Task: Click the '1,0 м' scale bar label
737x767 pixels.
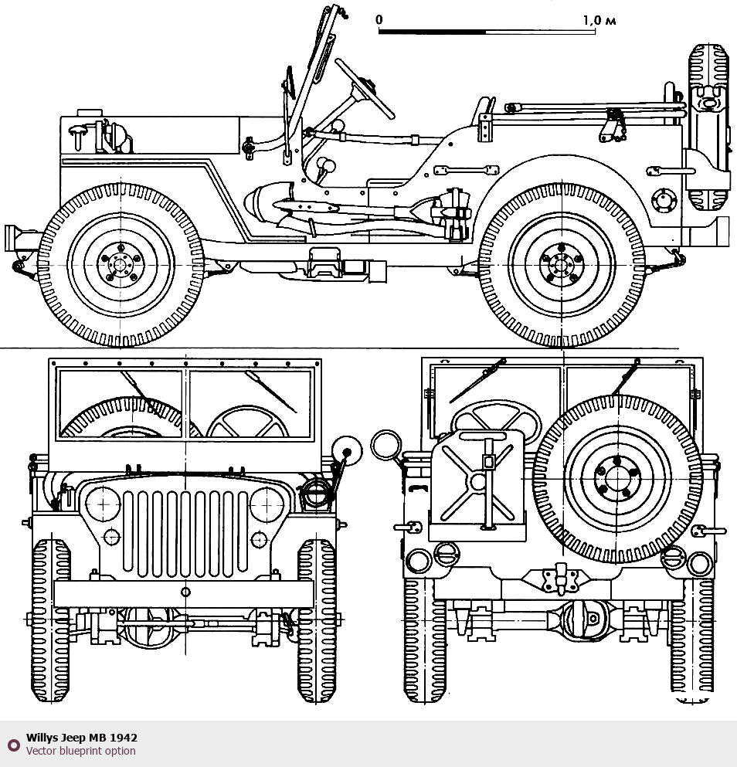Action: (x=599, y=20)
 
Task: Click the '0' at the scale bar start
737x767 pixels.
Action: (x=379, y=19)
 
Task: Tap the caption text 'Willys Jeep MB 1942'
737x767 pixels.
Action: (x=82, y=738)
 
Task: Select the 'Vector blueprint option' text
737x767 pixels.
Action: (x=80, y=751)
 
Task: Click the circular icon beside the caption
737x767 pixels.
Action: (x=13, y=745)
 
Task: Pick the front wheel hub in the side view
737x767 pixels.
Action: (x=121, y=264)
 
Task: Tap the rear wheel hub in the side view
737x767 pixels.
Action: (x=562, y=264)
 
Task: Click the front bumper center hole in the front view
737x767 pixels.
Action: (x=185, y=592)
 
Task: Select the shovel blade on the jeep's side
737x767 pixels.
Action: (x=267, y=202)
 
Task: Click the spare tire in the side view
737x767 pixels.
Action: (x=708, y=127)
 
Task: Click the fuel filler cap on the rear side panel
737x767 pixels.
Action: (x=662, y=199)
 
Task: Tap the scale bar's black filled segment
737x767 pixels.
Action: (x=432, y=32)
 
